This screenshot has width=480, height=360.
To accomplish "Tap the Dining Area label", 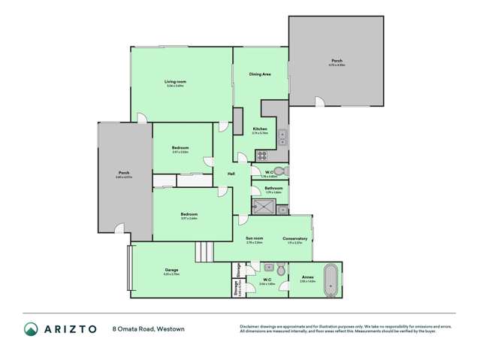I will click(x=260, y=74).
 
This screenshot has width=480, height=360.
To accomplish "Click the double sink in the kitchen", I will click(x=282, y=137).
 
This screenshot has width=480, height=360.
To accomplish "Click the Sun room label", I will click(x=254, y=238).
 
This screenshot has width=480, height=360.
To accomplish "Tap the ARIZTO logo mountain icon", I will click(x=31, y=328).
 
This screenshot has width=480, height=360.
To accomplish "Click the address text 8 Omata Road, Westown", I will click(x=148, y=328).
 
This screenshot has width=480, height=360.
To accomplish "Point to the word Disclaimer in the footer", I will click(x=249, y=325).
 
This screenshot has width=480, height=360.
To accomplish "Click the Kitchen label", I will click(x=260, y=129).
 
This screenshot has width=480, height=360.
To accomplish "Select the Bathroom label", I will click(x=273, y=188).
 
